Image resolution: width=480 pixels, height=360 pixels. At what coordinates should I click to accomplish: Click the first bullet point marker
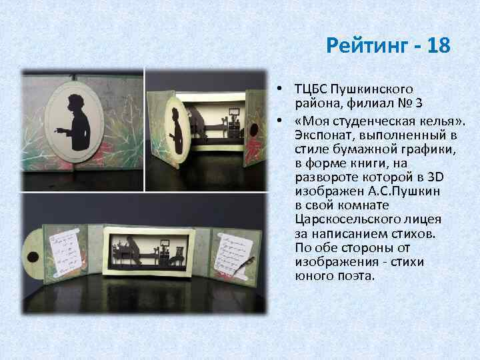[x=283, y=89]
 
